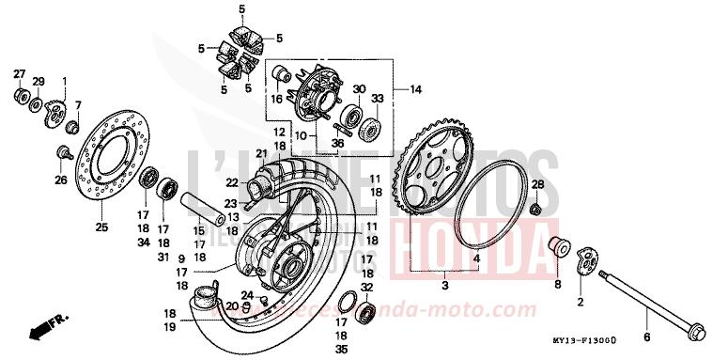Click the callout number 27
[18, 73]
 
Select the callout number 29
[39, 83]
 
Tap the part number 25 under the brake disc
[102, 227]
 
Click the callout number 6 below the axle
[646, 336]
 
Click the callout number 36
[338, 144]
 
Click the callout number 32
[366, 288]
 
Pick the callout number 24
[246, 294]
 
